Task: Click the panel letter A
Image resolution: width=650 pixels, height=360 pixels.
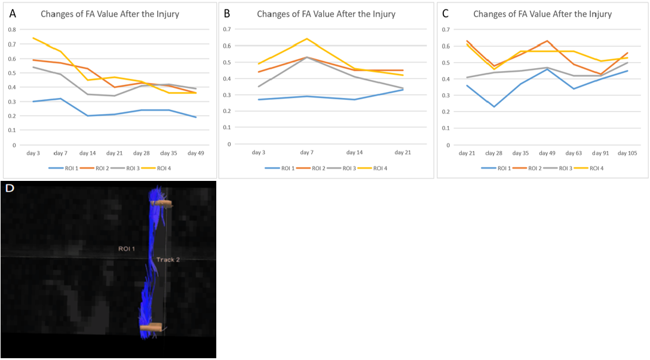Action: click(x=12, y=13)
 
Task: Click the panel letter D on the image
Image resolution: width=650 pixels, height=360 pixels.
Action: click(x=10, y=188)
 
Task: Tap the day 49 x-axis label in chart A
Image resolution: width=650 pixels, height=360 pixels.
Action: click(x=196, y=153)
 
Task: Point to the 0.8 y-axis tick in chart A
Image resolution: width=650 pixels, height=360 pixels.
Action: click(x=12, y=30)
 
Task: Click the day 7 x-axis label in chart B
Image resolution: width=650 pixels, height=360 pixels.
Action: click(x=306, y=153)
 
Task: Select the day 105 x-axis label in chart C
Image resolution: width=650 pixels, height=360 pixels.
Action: click(x=627, y=153)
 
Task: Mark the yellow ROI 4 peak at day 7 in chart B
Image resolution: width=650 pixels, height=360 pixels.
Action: click(x=306, y=39)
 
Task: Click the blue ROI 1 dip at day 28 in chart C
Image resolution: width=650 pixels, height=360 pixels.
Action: click(x=493, y=107)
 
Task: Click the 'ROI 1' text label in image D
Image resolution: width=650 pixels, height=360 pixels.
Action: click(x=127, y=248)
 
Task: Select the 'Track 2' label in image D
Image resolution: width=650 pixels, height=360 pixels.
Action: click(x=168, y=260)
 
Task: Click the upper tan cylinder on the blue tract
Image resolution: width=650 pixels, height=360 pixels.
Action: click(x=162, y=204)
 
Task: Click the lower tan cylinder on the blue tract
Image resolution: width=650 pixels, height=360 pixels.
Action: click(x=151, y=327)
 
